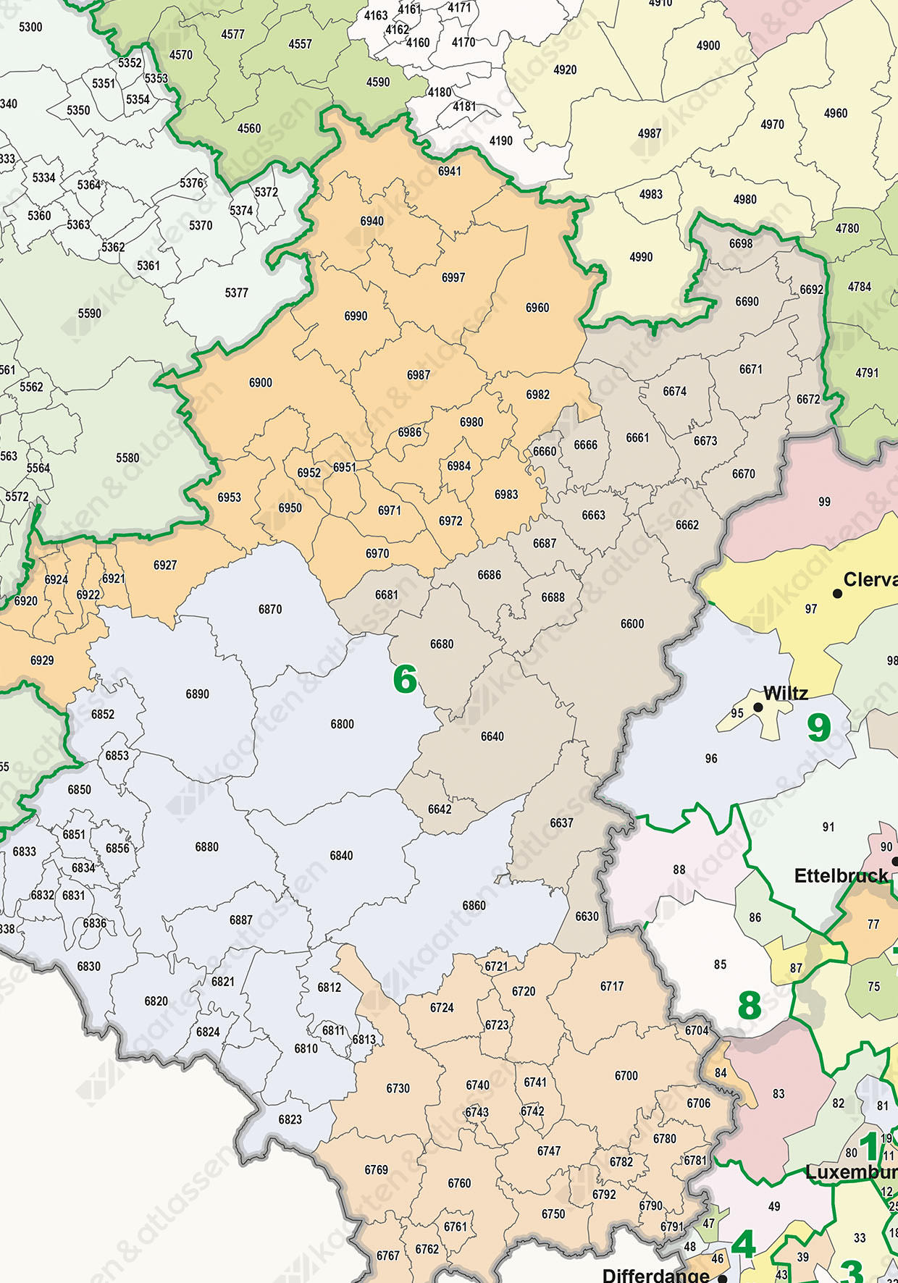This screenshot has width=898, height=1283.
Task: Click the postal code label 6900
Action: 261,382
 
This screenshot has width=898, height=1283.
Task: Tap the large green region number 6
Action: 405,679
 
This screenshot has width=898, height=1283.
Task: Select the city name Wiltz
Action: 786,693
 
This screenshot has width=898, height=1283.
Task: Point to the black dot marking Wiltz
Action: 758,707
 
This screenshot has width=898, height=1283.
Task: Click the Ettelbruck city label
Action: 841,876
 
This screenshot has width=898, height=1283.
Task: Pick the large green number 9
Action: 819,728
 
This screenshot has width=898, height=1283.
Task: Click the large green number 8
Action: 750,1006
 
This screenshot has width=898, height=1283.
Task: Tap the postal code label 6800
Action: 343,724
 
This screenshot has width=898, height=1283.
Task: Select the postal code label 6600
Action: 632,623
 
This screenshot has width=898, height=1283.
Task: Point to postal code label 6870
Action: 270,610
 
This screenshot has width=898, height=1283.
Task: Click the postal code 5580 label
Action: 127,458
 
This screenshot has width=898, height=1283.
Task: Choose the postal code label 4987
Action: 650,133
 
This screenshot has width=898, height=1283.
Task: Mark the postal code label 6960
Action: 537,308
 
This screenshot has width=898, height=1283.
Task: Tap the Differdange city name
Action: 656,1274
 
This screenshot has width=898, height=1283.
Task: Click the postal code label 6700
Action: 626,1076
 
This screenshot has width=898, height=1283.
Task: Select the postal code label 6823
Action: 290,1119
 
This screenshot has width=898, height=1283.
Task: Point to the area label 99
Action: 824,502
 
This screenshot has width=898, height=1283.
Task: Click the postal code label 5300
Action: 30,27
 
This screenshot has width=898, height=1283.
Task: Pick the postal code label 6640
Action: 492,736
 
